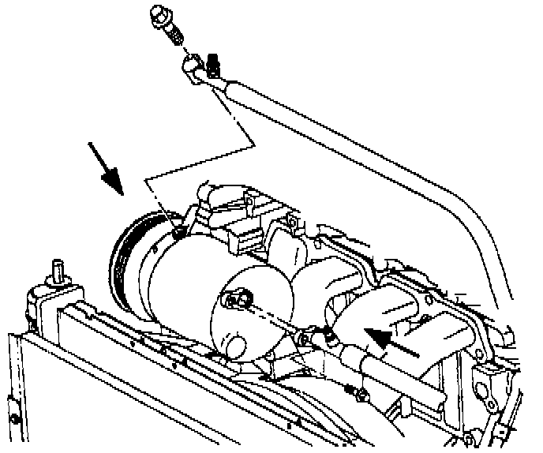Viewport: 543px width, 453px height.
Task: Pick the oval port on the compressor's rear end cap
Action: click(x=237, y=301)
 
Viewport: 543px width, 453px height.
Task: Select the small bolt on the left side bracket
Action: click(x=14, y=417)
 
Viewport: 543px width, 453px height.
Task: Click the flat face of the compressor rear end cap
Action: click(x=260, y=316)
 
